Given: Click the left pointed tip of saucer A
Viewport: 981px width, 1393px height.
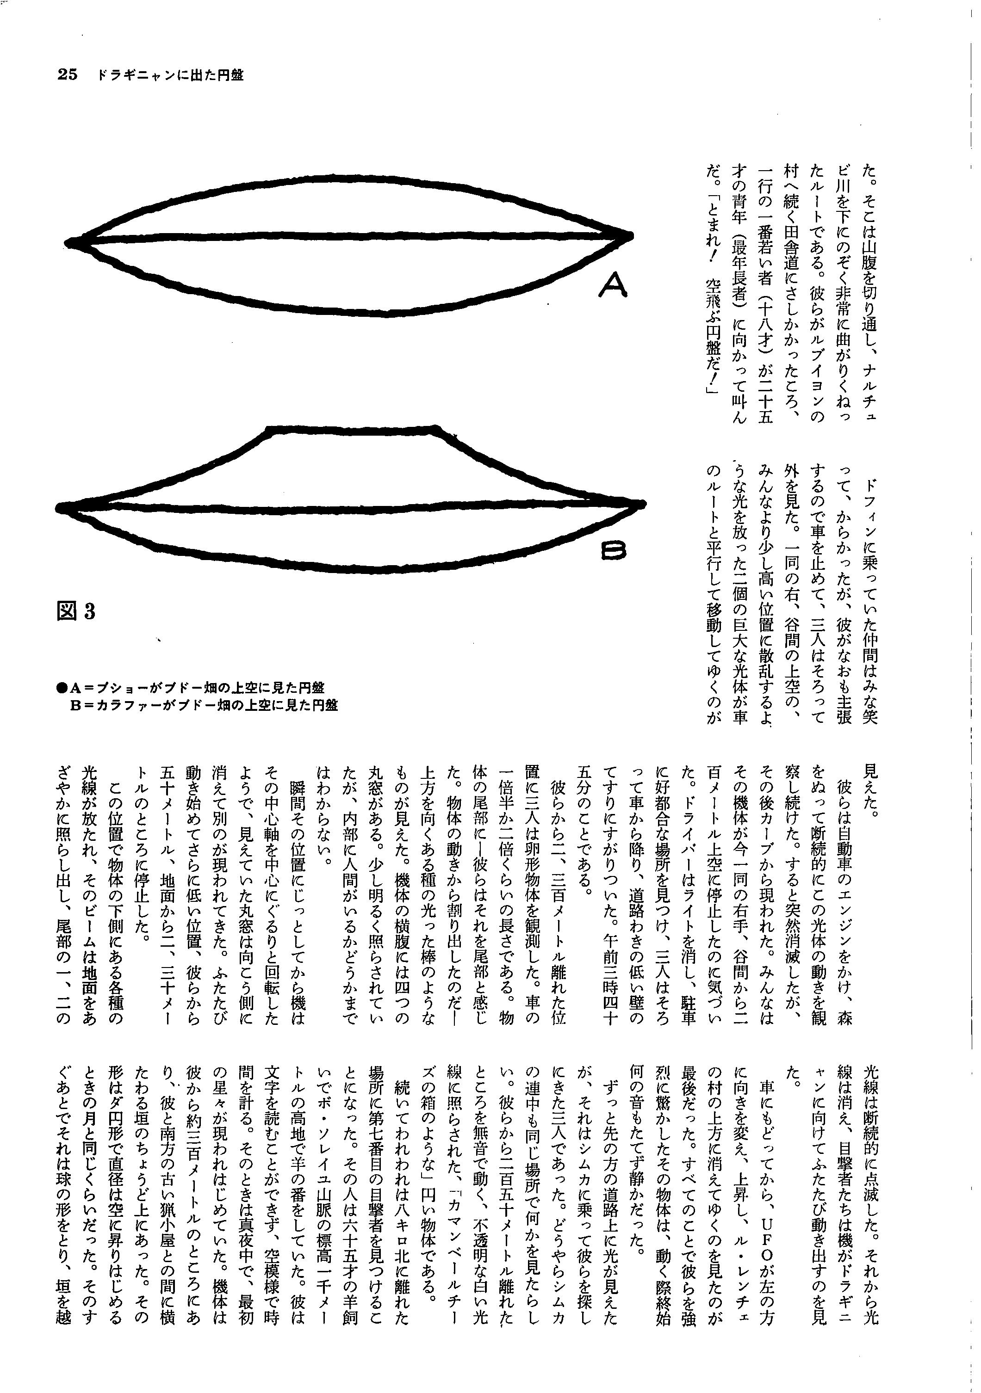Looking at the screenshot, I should pos(68,242).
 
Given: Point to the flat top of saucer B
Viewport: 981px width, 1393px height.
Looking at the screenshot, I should pos(352,430).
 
